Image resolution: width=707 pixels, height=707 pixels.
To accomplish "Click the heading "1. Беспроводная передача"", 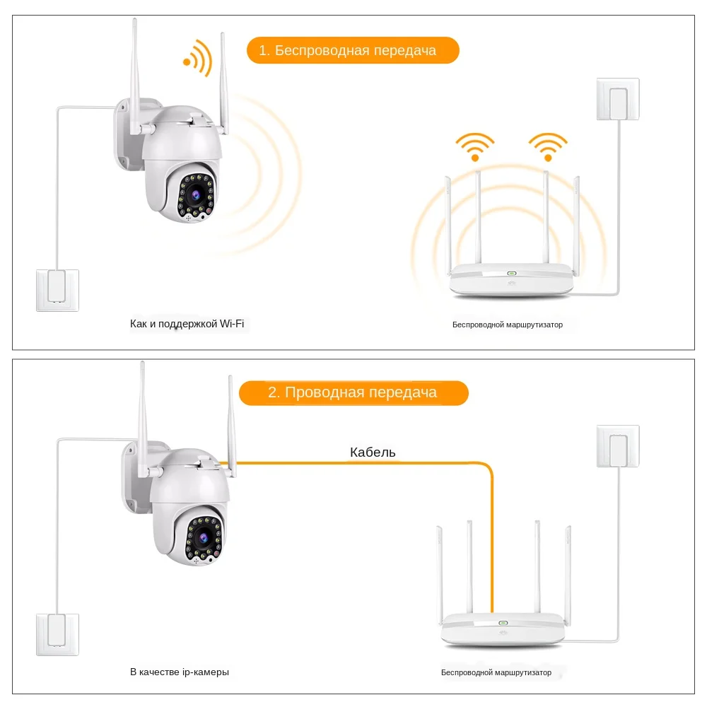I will (353, 51).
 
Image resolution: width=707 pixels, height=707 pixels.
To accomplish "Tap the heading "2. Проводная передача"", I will (353, 393).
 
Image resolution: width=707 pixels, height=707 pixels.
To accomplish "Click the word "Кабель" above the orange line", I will (373, 452).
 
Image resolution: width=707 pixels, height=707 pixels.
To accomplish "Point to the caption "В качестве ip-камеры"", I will (180, 672).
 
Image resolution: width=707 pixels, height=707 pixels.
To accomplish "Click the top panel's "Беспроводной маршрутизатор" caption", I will (508, 325).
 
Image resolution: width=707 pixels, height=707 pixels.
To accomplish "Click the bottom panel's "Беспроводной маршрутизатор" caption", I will (496, 673).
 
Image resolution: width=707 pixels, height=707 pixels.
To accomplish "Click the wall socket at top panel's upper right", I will (618, 99).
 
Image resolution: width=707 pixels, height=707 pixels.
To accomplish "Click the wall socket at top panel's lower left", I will (57, 290).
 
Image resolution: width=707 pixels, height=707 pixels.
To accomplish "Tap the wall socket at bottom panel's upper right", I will (618, 445).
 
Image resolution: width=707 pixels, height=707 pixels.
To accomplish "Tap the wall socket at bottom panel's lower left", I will (57, 634).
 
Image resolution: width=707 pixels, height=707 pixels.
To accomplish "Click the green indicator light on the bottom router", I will (503, 623).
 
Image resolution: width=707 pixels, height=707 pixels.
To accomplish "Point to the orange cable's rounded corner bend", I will (486, 468).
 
